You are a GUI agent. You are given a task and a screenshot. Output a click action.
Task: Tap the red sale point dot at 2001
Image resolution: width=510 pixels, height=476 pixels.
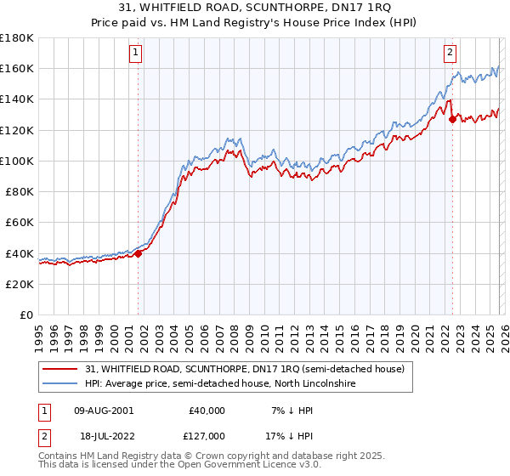pyautogui.click(x=138, y=253)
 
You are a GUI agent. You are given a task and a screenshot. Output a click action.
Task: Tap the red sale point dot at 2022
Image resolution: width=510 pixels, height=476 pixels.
pyautogui.click(x=452, y=119)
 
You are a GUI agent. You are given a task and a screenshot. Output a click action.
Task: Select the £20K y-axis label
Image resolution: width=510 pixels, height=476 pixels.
pyautogui.click(x=20, y=284)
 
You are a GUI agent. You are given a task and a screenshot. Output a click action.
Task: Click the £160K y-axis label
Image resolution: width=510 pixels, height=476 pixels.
pyautogui.click(x=17, y=68)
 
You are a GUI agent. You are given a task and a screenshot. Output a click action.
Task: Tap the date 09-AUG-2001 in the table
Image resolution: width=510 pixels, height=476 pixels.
pyautogui.click(x=104, y=411)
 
